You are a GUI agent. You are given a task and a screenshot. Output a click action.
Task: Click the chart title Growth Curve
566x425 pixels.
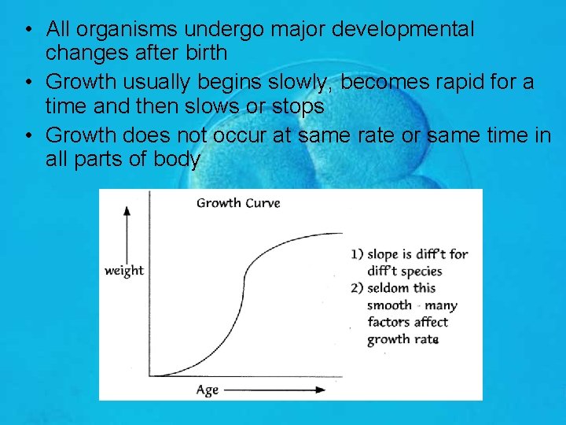tap(237, 203)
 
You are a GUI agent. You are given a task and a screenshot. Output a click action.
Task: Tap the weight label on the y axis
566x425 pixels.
tap(124, 271)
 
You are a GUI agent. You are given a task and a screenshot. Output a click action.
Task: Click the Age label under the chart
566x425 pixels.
tap(207, 390)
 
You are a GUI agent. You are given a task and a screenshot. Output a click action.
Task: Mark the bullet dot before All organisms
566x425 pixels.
tap(28, 31)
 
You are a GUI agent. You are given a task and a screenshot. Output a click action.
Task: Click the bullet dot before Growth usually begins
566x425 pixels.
tap(28, 82)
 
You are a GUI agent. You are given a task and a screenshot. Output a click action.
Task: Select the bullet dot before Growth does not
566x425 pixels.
tap(28, 135)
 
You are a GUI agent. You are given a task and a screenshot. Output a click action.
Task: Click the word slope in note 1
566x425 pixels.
tap(384, 253)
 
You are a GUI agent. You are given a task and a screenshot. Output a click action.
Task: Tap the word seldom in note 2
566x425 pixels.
tap(388, 288)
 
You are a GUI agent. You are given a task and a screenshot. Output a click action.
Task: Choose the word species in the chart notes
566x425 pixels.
tap(421, 272)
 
